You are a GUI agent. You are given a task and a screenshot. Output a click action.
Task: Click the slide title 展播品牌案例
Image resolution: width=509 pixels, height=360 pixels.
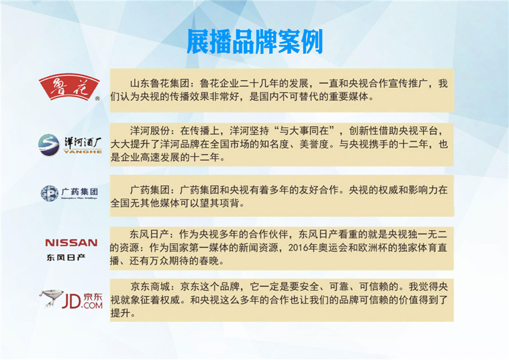click(255, 42)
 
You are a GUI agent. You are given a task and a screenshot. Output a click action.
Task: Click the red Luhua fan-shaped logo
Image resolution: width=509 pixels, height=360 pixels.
click(69, 86)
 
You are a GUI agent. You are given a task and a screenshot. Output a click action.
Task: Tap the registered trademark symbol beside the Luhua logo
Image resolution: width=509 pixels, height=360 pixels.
click(97, 98)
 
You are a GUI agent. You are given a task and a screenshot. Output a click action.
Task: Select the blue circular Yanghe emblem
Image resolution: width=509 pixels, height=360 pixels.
click(49, 145)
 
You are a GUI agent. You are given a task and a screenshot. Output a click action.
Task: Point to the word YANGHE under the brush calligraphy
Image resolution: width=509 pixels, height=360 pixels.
click(83, 152)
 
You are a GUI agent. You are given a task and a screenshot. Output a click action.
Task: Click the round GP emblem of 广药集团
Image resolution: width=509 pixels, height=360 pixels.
click(49, 193)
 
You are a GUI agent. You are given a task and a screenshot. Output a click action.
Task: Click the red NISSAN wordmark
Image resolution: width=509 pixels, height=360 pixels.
click(71, 243)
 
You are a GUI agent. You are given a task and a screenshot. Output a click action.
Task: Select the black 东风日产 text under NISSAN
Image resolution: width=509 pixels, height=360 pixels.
click(66, 258)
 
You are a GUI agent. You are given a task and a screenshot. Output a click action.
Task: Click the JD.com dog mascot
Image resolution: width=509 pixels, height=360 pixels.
click(51, 298)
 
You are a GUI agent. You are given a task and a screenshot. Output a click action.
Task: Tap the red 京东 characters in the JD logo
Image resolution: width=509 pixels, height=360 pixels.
click(93, 297)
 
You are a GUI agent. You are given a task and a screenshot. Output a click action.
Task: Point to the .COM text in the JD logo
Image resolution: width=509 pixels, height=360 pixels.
click(92, 305)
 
